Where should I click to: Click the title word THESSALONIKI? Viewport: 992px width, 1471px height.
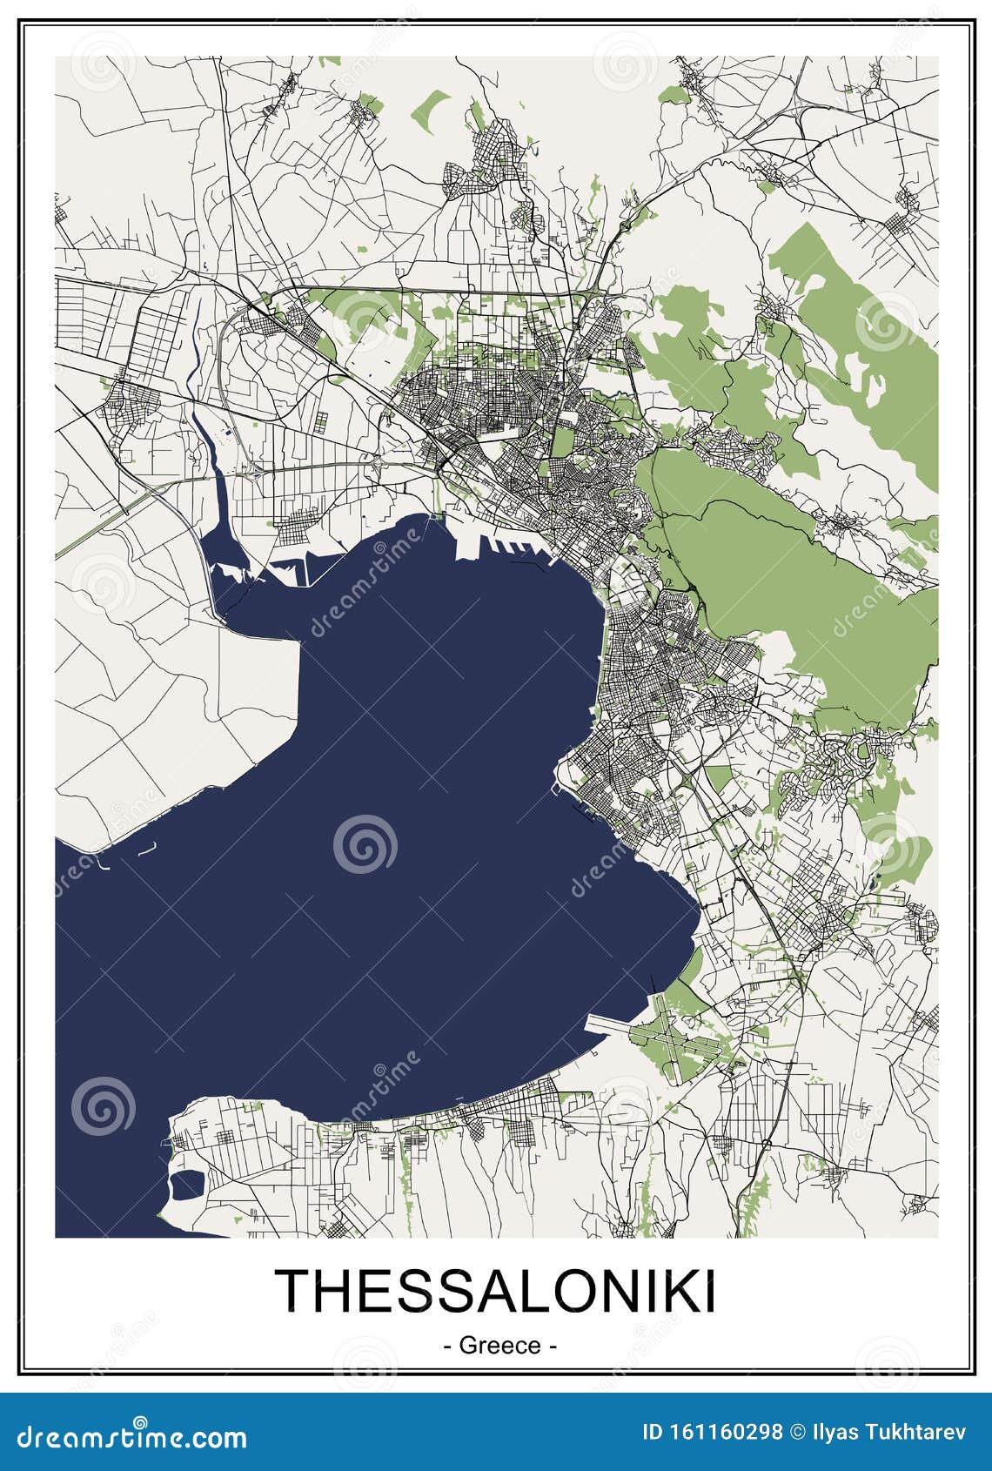496,1290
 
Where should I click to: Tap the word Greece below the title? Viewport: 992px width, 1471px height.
499,1345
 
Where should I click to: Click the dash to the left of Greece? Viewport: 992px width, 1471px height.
447,1346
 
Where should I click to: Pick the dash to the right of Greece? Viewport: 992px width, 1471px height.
553,1346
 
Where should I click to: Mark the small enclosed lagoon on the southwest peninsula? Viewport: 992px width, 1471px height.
187,1185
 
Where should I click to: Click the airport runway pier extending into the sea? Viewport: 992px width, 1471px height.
618,1024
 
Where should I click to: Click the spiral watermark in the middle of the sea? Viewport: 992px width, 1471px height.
365,843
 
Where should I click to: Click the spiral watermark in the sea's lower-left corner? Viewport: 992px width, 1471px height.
103,1106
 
